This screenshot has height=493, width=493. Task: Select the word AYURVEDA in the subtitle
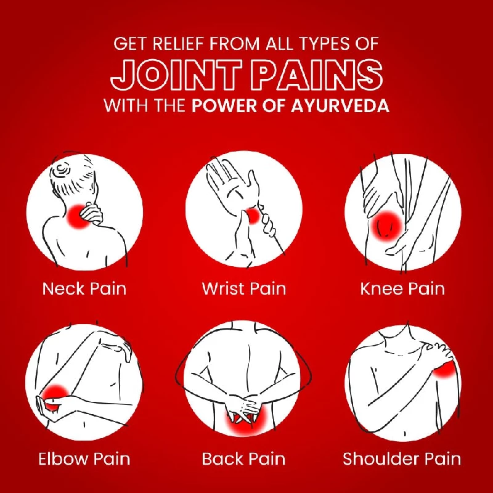click(x=340, y=106)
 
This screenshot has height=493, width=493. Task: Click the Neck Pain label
click(x=84, y=288)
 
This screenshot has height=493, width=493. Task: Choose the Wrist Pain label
click(x=244, y=288)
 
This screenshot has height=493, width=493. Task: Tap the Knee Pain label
click(x=402, y=288)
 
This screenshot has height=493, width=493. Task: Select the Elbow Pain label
click(x=84, y=458)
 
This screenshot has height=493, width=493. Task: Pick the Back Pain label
click(x=243, y=458)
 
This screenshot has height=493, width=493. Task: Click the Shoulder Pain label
click(x=402, y=458)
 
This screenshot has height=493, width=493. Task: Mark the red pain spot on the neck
click(x=79, y=216)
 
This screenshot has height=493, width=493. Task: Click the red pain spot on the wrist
click(x=253, y=216)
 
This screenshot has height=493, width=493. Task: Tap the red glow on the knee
click(x=386, y=226)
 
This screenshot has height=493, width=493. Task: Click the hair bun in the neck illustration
click(x=63, y=170)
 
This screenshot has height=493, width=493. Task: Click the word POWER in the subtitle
click(x=224, y=106)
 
